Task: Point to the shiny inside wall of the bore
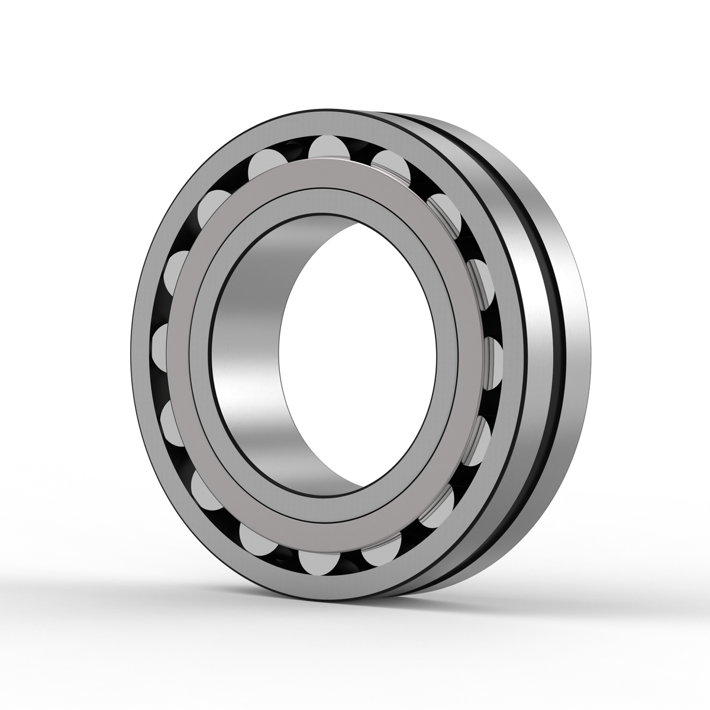248,355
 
